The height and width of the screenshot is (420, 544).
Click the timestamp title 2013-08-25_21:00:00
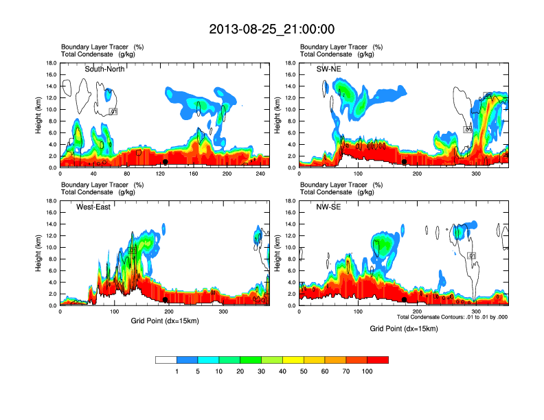pyautogui.click(x=271, y=30)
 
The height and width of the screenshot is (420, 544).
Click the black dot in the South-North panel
pyautogui.click(x=165, y=162)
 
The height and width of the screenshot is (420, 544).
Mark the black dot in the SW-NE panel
pyautogui.click(x=405, y=162)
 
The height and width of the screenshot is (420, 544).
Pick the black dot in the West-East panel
pyautogui.click(x=166, y=300)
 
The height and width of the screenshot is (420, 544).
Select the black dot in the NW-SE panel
pyautogui.click(x=405, y=300)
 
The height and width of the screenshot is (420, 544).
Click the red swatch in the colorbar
pyautogui.click(x=378, y=360)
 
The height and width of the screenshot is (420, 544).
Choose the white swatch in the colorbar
pyautogui.click(x=166, y=360)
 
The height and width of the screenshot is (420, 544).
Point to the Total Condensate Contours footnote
pyautogui.click(x=451, y=316)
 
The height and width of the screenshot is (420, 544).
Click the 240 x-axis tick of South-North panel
pyautogui.click(x=256, y=174)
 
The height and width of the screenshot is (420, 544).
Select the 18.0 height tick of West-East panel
pyautogui.click(x=50, y=201)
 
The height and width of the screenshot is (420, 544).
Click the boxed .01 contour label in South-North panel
pyautogui.click(x=114, y=112)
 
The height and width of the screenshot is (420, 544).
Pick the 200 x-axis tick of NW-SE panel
pyautogui.click(x=417, y=312)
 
